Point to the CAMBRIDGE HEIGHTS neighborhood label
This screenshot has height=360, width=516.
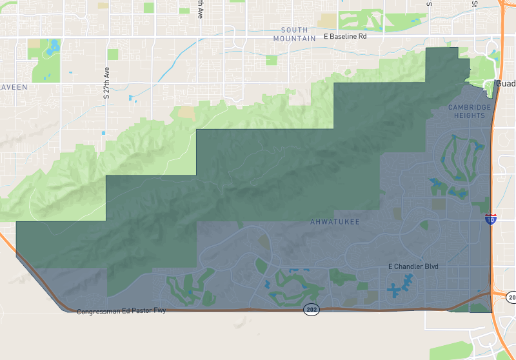[469, 111]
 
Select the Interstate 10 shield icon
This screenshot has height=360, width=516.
[491, 219]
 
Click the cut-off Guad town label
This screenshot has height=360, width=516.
[506, 84]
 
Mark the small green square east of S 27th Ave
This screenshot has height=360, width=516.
[114, 54]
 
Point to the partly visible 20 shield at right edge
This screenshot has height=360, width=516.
[511, 297]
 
